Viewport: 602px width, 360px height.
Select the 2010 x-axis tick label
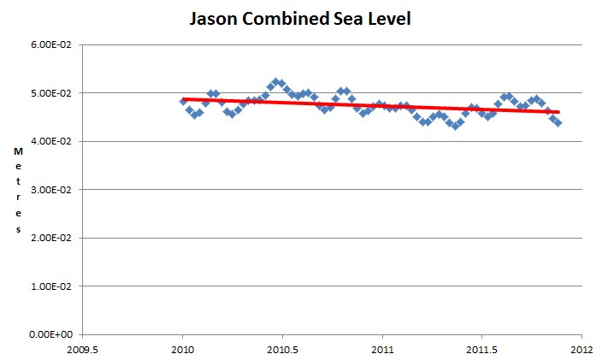(183, 349)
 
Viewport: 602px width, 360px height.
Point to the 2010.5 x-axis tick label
(283, 349)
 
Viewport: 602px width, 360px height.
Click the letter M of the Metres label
(17, 151)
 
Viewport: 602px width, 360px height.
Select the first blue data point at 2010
(183, 102)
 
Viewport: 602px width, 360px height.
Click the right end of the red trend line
(558, 112)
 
